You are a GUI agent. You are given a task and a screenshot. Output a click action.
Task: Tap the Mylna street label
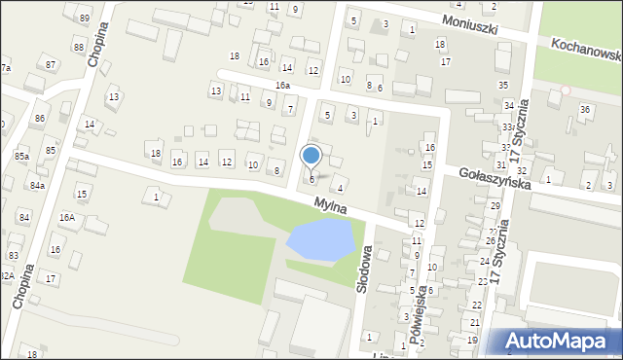pyautogui.click(x=333, y=205)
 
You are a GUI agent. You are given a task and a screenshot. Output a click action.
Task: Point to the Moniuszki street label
pyautogui.click(x=468, y=21)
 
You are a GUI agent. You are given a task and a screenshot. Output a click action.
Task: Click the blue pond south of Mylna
pyautogui.click(x=320, y=239)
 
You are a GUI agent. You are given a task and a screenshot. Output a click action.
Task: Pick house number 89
pyautogui.click(x=85, y=18)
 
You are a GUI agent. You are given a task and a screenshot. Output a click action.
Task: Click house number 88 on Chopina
pyautogui.click(x=78, y=47)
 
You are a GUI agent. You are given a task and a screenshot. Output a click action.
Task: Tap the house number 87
pyautogui.click(x=50, y=64)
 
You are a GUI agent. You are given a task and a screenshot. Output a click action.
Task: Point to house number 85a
pyautogui.click(x=20, y=156)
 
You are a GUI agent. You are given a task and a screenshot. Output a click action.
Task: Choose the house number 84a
pyautogui.click(x=37, y=185)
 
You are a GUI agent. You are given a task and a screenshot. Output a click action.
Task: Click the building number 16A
pyautogui.click(x=67, y=218)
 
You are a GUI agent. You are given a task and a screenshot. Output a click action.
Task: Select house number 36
pyautogui.click(x=585, y=109)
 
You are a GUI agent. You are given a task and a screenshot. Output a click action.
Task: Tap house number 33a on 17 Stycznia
pyautogui.click(x=508, y=127)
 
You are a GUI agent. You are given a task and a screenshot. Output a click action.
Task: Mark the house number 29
pyautogui.click(x=495, y=206)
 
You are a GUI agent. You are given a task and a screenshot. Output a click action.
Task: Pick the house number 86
pyautogui.click(x=39, y=118)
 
